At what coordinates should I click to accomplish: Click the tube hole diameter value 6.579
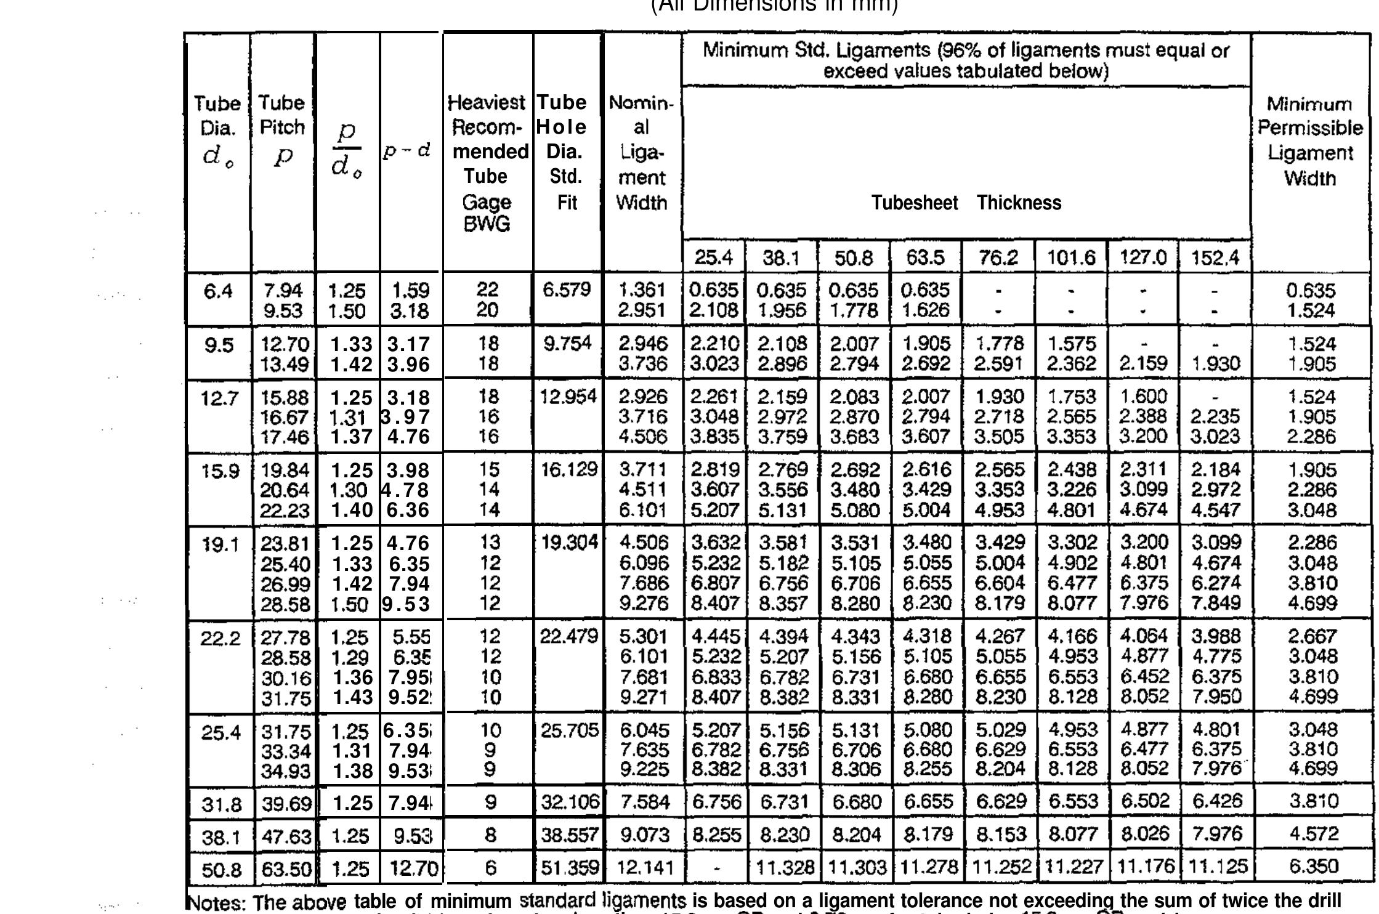tap(566, 289)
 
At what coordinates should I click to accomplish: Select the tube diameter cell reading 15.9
tap(219, 471)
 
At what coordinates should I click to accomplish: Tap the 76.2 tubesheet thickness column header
tap(998, 257)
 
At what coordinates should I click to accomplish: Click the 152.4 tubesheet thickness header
tap(1214, 257)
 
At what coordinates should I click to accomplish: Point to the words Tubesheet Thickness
tap(966, 203)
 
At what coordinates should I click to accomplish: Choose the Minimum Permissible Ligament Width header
tap(1310, 141)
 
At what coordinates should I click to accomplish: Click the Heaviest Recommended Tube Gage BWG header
tap(487, 163)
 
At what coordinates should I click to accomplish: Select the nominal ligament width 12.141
tap(642, 868)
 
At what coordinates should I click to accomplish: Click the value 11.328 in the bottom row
tap(782, 868)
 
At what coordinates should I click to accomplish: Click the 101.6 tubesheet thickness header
tap(1070, 257)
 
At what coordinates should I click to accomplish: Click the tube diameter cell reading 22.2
tap(219, 637)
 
